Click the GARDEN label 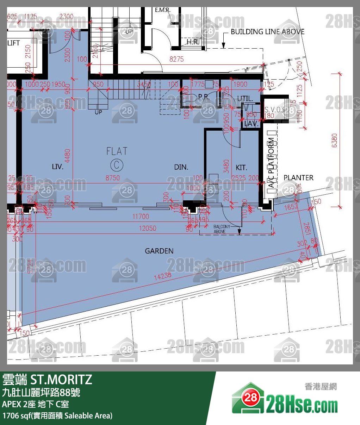pos(159,251)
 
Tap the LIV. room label pos(57,167)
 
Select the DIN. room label pos(181,167)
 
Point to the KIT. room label pos(241,168)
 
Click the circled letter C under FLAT pos(117,165)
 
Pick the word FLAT pos(117,151)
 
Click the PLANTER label pos(298,178)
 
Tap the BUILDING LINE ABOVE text pos(267,32)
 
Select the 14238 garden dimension pos(162,276)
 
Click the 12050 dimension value pos(147,228)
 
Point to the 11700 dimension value pos(141,217)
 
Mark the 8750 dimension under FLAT pos(113,178)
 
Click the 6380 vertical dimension pos(335,140)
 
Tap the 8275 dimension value pos(176,59)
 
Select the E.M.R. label pos(162,10)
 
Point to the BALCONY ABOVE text pos(222,229)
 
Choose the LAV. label pos(252,124)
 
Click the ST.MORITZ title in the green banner pos(61,380)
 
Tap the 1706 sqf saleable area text pos(57,415)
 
